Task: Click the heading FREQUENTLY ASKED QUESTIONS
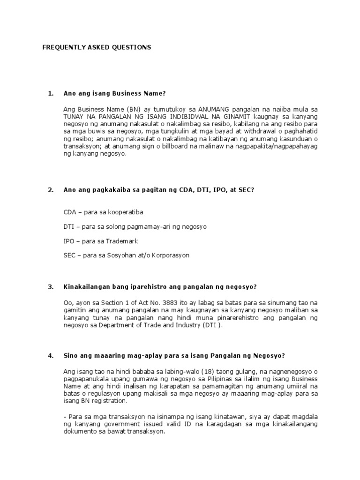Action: [97, 47]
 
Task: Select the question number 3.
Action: [51, 286]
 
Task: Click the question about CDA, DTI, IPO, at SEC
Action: [158, 189]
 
